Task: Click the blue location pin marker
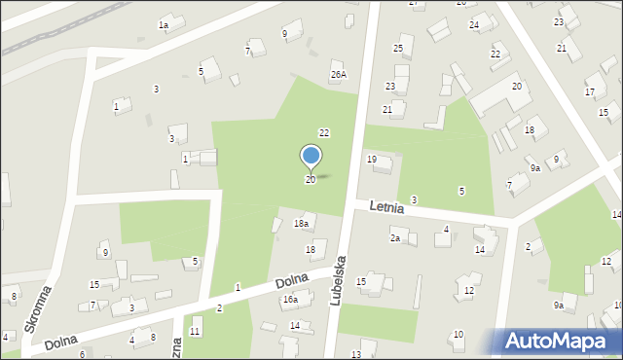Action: (x=311, y=157)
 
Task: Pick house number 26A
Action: (x=338, y=74)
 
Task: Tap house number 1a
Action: (x=164, y=24)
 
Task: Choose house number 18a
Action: (x=302, y=224)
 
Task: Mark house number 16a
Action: (x=290, y=300)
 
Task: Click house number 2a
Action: (x=395, y=238)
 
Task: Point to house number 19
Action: (x=371, y=159)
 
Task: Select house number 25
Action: (x=397, y=48)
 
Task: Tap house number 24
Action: (x=474, y=24)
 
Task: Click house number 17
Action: (x=589, y=92)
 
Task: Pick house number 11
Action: (x=195, y=332)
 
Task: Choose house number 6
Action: (x=82, y=353)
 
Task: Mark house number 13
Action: (x=356, y=354)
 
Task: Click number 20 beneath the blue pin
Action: (x=311, y=180)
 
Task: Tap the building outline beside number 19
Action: (x=382, y=166)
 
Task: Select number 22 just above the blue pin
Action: (x=324, y=132)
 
